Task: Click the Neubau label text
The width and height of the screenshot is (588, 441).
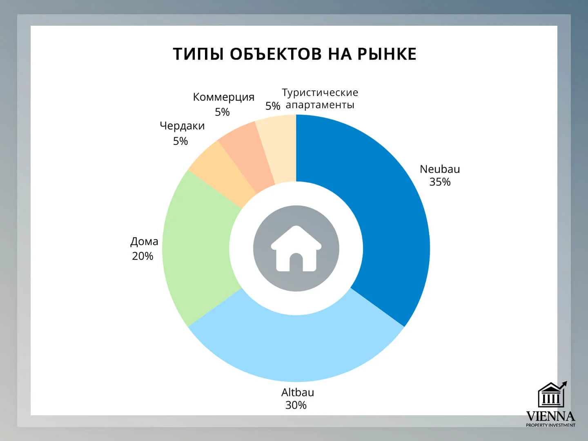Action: [440, 169]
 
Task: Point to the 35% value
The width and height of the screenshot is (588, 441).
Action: [440, 182]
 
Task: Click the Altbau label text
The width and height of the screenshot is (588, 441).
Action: [298, 392]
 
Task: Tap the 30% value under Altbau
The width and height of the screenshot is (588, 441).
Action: [296, 405]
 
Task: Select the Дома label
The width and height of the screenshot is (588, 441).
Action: [144, 241]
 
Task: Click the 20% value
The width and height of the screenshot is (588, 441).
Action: [143, 256]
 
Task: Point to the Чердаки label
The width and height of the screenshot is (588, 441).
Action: [182, 126]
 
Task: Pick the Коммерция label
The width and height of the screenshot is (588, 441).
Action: [223, 97]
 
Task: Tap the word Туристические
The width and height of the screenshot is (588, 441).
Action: [320, 93]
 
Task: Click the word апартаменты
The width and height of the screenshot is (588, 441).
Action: [320, 105]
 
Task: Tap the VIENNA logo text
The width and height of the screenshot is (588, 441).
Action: [550, 416]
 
